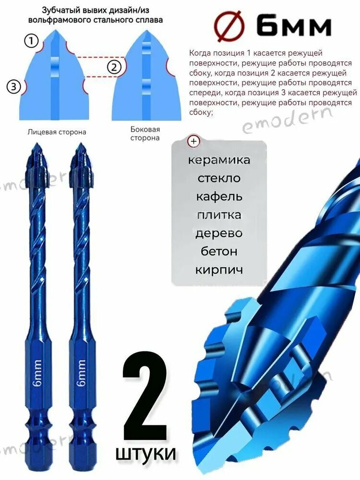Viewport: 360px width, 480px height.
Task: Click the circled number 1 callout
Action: pos(31,42)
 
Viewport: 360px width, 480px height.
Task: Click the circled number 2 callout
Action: pos(114,67)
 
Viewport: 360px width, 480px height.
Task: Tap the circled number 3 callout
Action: pos(14,87)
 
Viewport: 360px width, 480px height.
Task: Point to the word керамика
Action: pos(219,160)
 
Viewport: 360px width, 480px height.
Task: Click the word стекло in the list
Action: pos(219,178)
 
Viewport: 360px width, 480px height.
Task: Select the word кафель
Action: pos(219,196)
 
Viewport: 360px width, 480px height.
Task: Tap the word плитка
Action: pos(219,215)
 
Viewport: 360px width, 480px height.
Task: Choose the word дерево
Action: pos(219,233)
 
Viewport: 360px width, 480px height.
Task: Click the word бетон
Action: pos(219,252)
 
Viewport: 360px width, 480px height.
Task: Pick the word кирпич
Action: pos(219,270)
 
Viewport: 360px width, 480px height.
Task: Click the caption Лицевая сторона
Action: pos(57,131)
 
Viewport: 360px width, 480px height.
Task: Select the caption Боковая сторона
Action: pos(145,133)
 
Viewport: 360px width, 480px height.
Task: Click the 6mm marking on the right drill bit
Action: pos(81,372)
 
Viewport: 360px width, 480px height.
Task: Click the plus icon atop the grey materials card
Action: pos(194,141)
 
